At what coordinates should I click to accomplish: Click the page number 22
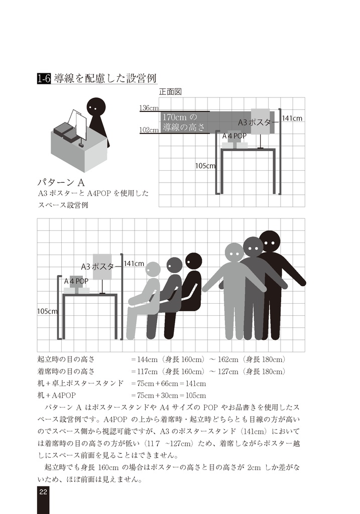(43, 492)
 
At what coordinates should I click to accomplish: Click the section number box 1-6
(44, 79)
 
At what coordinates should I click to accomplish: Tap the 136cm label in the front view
(149, 108)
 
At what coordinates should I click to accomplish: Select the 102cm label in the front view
(149, 130)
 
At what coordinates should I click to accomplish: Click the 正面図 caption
(170, 92)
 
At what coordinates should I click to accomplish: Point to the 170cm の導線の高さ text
(184, 122)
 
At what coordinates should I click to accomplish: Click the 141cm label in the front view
(292, 118)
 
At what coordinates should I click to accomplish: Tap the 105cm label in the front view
(205, 166)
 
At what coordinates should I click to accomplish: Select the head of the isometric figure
(96, 107)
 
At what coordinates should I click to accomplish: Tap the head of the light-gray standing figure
(234, 252)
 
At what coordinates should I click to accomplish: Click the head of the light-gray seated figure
(153, 270)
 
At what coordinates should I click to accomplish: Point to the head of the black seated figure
(193, 261)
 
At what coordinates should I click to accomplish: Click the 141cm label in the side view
(134, 264)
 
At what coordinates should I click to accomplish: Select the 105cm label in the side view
(47, 311)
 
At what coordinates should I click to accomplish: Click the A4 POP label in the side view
(76, 281)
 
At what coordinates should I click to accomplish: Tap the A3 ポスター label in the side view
(98, 267)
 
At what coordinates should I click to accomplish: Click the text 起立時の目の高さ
(66, 360)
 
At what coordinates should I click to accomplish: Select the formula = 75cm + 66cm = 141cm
(168, 383)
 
